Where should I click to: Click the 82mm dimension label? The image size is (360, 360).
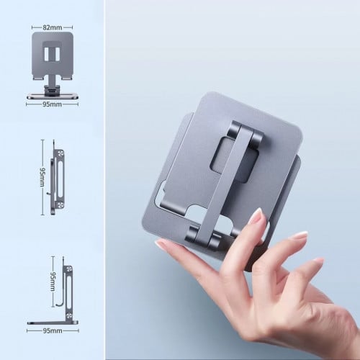[x=53, y=27]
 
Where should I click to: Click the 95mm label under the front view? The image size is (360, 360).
[x=52, y=104]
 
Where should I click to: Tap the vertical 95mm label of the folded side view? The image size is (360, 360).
[x=42, y=177]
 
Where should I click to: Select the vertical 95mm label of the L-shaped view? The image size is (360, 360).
[x=53, y=282]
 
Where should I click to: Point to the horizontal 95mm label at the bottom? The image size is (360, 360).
[x=53, y=330]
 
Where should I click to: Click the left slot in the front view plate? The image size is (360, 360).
[x=47, y=54]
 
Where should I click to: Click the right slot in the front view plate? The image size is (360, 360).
[x=58, y=54]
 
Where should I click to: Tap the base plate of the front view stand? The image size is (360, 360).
[x=53, y=97]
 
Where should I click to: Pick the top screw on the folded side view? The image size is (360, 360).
[x=60, y=153]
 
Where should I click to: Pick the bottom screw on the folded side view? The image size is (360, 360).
[x=60, y=205]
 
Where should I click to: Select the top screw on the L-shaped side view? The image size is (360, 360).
[x=69, y=269]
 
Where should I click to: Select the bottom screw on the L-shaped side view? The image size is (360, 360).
[x=69, y=317]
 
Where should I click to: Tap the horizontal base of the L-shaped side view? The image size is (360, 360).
[x=53, y=323]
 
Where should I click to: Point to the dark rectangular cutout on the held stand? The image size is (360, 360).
[x=235, y=160]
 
